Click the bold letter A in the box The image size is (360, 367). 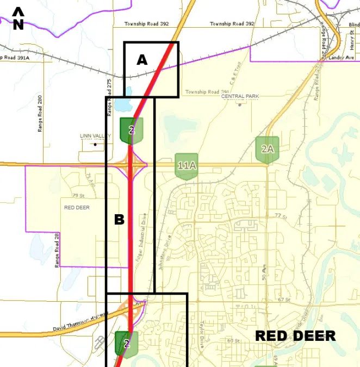coord(141,60)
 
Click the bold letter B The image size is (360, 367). coord(119,220)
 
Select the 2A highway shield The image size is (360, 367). coord(267,148)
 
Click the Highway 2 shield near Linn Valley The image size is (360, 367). coord(132,130)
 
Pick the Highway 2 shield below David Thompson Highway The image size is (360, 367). coord(127,344)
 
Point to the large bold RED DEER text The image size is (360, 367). coord(295,335)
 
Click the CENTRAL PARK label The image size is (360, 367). coord(240,96)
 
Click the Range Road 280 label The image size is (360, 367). coord(40,114)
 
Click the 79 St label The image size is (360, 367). coord(78,196)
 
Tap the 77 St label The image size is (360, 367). coord(280,216)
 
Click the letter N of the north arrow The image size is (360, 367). coord(18,24)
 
